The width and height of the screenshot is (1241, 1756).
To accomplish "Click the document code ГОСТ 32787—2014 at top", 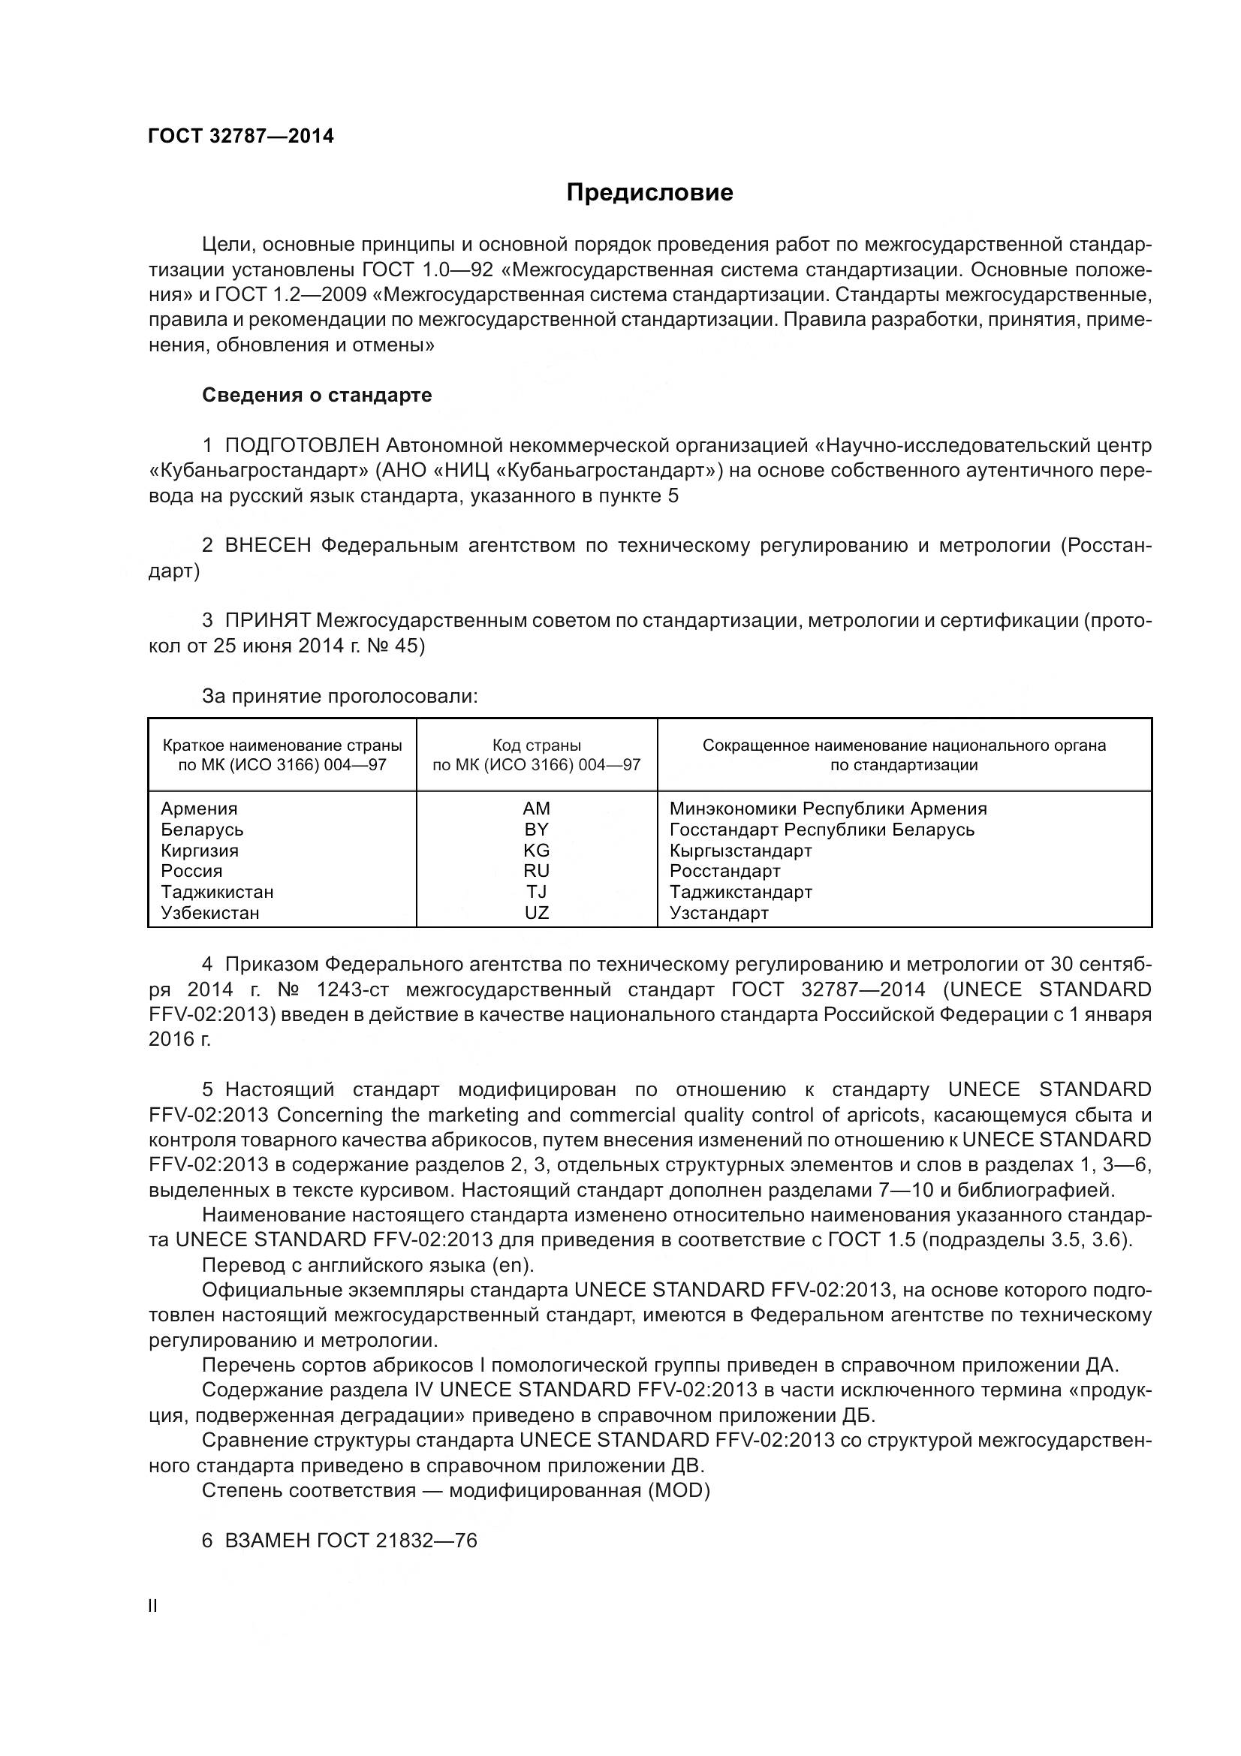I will tap(241, 136).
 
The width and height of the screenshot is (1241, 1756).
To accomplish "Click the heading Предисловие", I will tap(649, 192).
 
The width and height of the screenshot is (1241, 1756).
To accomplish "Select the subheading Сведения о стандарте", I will tap(317, 396).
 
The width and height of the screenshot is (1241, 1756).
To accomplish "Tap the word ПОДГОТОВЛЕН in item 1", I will tap(302, 445).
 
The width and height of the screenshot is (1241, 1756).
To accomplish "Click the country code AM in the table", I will tap(536, 809).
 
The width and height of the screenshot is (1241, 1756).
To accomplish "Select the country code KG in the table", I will tap(536, 851).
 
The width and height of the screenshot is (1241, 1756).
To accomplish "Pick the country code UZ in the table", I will tap(536, 912).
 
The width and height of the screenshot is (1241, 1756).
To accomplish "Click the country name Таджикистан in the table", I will tap(217, 892).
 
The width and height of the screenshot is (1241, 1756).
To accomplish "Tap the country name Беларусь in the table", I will tap(202, 830).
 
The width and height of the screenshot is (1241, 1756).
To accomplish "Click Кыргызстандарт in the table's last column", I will tap(740, 851).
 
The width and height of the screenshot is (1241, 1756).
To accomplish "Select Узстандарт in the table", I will tap(718, 912).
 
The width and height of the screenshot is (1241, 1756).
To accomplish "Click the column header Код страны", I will tap(536, 745).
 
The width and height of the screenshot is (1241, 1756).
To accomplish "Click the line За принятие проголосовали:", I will tap(339, 696).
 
